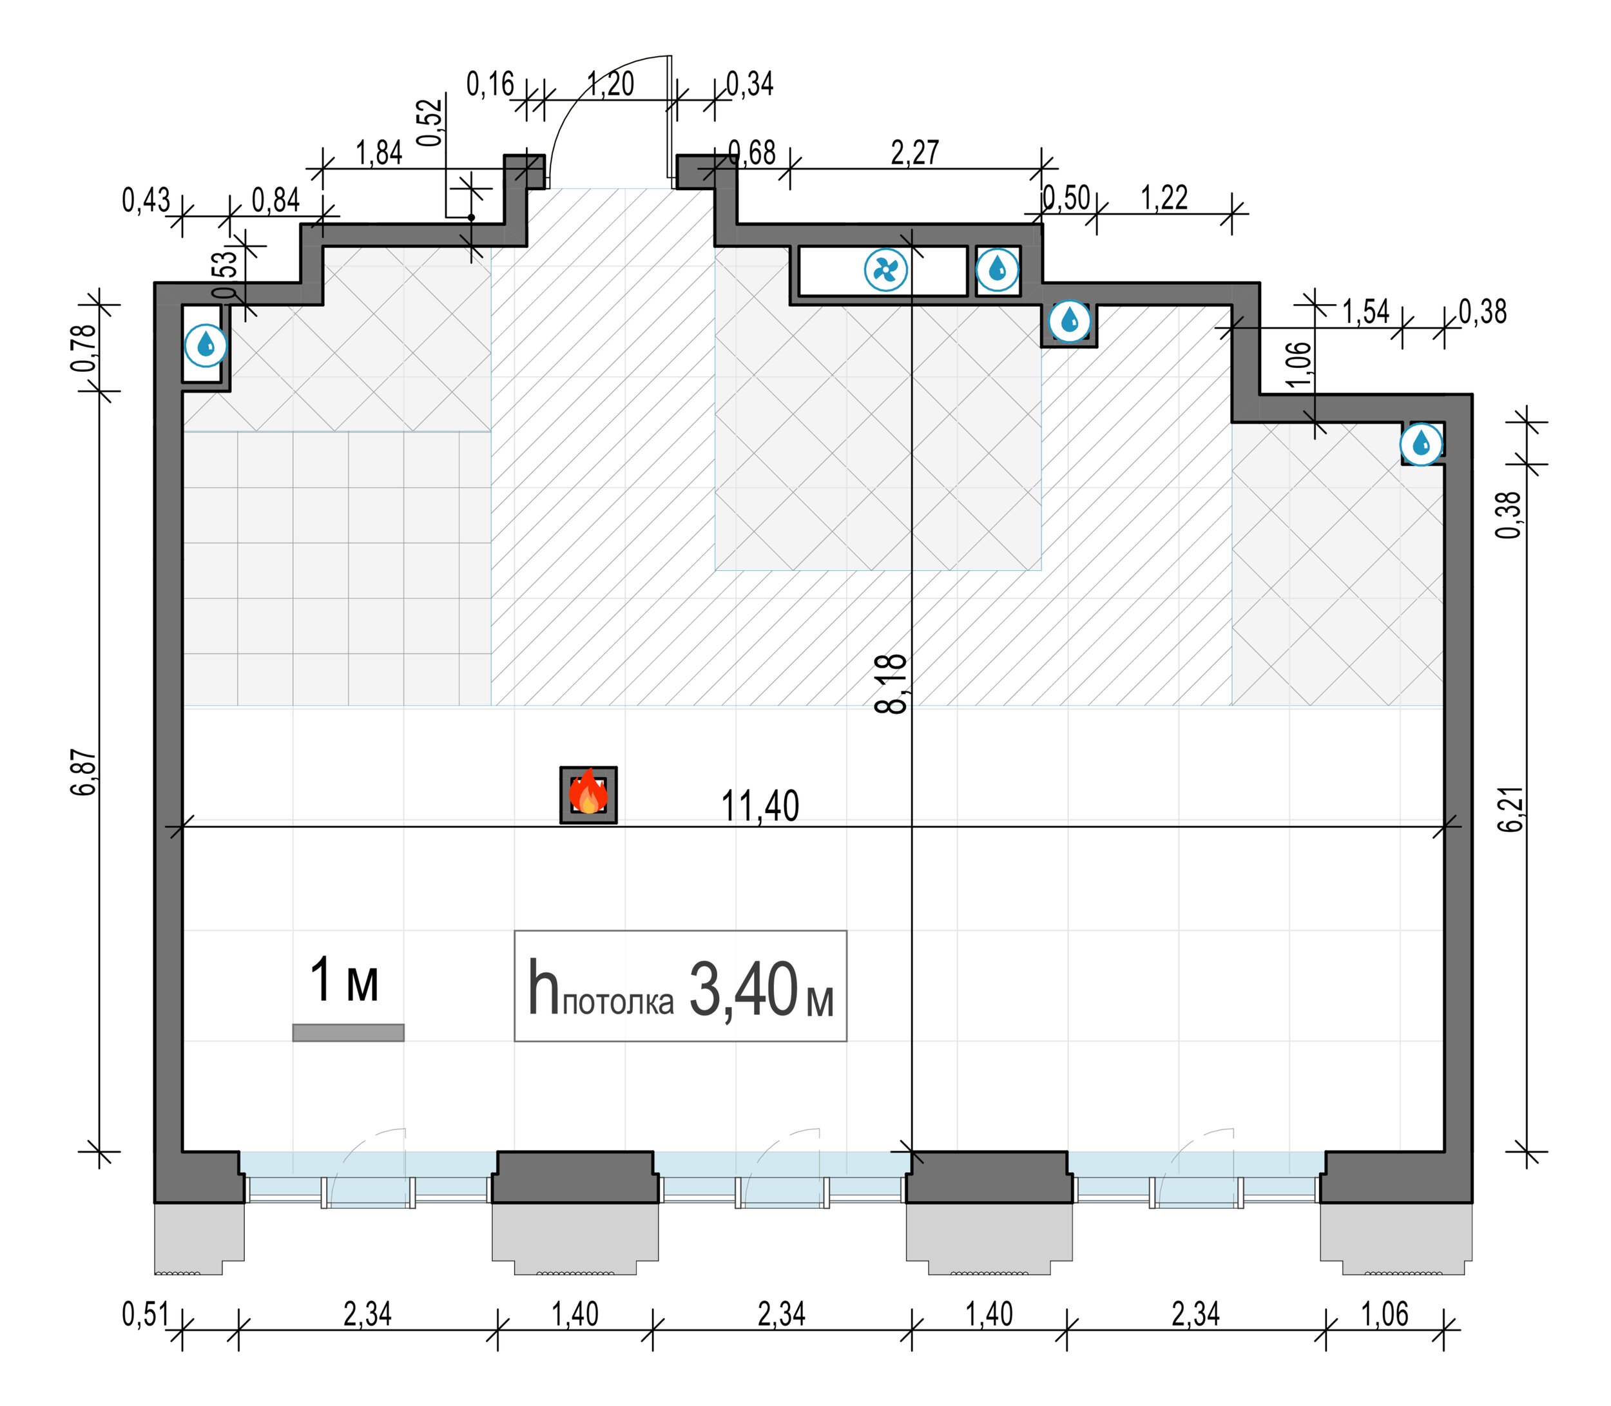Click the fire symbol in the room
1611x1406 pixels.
pos(588,794)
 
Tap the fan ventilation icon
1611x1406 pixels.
pos(885,271)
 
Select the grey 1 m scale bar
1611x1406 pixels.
pos(349,1032)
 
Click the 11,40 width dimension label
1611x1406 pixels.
pos(760,807)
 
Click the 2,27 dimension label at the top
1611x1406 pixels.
pos(915,152)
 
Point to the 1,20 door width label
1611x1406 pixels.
pos(610,83)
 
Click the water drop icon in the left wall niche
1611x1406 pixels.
pos(206,345)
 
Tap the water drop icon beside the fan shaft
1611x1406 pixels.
pos(998,270)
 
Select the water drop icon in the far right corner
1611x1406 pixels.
pos(1421,445)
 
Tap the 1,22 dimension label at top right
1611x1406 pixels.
pos(1164,198)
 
